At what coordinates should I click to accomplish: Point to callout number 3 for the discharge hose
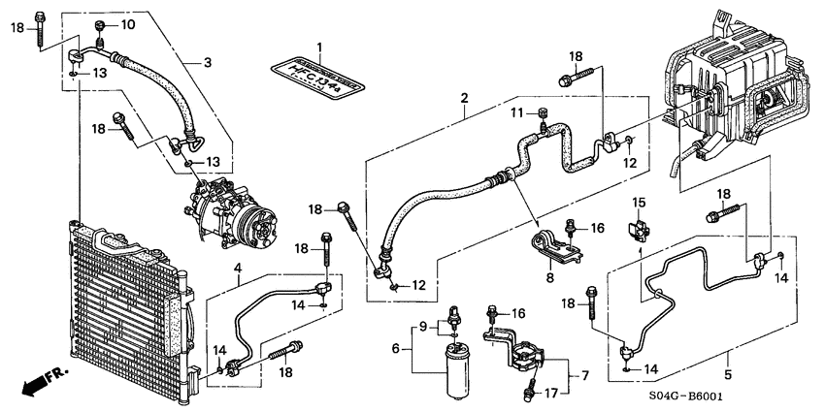[x=207, y=64]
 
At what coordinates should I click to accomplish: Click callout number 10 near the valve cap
[x=128, y=24]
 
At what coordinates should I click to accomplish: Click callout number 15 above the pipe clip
[x=640, y=202]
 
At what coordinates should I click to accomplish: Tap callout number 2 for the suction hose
[x=465, y=98]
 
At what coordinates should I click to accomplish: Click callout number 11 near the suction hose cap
[x=518, y=114]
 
